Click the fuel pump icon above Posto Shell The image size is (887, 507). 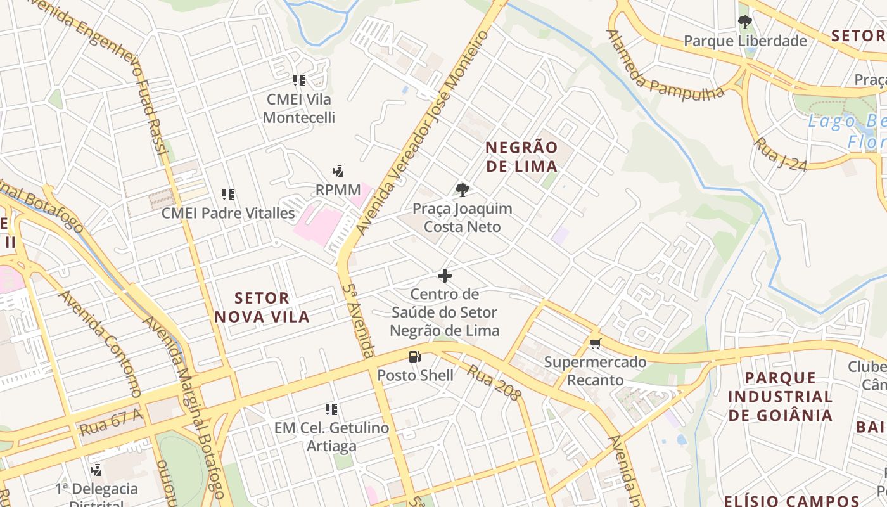(414, 357)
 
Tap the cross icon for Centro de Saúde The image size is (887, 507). (445, 276)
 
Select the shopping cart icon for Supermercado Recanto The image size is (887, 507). (594, 344)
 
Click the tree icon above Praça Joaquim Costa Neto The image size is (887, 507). (463, 189)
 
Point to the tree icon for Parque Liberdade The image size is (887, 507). (745, 23)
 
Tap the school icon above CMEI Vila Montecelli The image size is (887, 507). (299, 80)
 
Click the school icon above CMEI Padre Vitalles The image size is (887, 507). (228, 195)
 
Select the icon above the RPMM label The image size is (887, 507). (338, 171)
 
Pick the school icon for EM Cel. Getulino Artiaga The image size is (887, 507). (331, 409)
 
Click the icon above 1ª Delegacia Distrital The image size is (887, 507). (96, 470)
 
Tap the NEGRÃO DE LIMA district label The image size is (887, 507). (521, 157)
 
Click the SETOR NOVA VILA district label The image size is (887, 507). (262, 307)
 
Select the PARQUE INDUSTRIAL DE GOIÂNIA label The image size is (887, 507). (780, 396)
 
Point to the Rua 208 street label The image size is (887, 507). (494, 382)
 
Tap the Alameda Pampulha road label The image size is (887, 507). (665, 65)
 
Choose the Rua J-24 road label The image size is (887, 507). (780, 154)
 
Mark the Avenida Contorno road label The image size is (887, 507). (99, 343)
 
